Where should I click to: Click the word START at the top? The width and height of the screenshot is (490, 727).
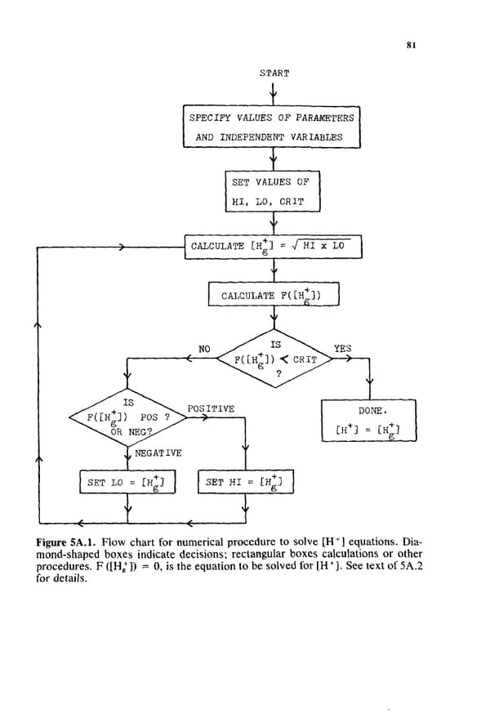pos(274,73)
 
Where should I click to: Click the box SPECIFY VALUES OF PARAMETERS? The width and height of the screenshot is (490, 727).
pos(273,127)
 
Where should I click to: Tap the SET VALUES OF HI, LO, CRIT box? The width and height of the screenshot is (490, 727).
pos(273,191)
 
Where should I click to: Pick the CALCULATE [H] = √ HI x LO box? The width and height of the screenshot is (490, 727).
pos(273,247)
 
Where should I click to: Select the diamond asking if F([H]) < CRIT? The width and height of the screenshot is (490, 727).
pos(273,359)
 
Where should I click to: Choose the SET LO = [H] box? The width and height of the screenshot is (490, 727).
pos(127,483)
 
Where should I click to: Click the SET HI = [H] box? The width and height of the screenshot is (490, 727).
pos(245,483)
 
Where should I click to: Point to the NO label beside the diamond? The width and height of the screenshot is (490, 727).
pos(204,349)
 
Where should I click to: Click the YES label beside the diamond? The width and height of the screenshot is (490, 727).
pos(343,349)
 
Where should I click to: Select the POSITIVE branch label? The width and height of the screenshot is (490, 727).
pos(211,408)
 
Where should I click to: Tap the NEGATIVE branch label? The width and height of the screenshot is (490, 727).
pos(158,453)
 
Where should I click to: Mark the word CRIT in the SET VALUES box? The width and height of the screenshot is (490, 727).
pos(292,201)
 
